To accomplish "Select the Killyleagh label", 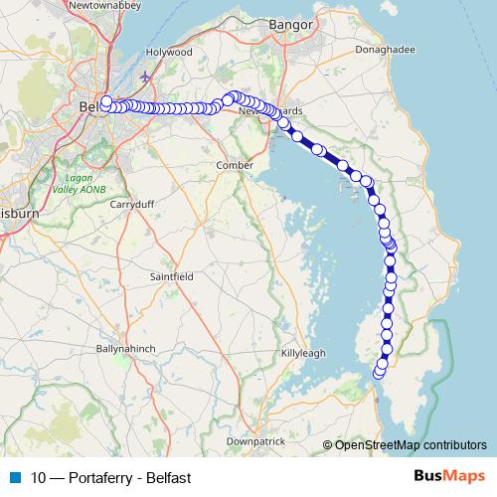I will [302, 353].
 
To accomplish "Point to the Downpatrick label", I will [256, 440].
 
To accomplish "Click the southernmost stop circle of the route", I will [378, 374].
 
